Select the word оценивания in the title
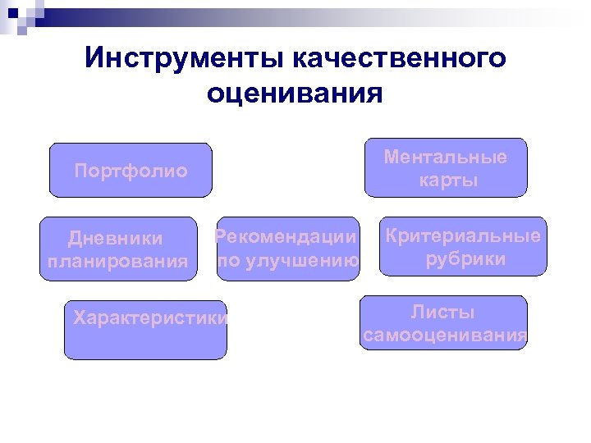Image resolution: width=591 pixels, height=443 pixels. pos(295,93)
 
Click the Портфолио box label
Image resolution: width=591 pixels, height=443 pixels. pos(131,171)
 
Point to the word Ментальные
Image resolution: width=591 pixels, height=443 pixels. pos(446,157)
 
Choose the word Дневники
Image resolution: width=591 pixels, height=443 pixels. pos(116,238)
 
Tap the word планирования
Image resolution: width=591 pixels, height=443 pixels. pos(117,262)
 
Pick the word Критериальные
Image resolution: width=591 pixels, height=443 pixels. pos(463,236)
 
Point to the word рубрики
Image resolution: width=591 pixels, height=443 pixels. pos(465,260)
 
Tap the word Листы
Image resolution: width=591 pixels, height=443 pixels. pos(443,313)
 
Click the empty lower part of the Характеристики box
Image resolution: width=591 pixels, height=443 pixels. pos(145,345)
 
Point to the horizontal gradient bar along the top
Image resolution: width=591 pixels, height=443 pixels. pos(328,13)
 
